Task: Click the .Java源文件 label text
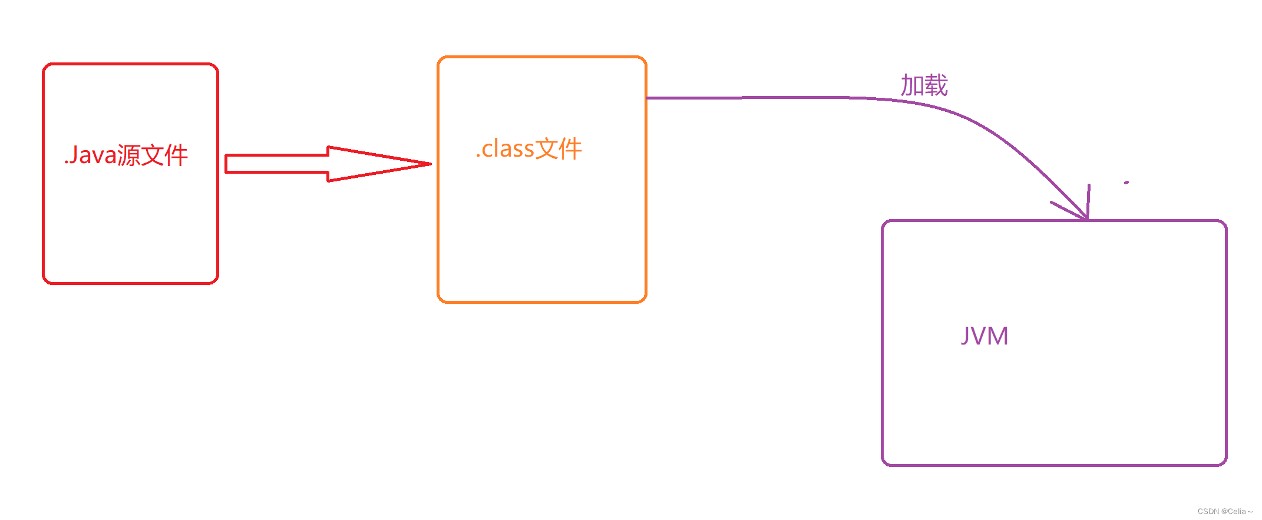tap(126, 155)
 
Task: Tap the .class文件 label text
tap(529, 149)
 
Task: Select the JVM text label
tap(985, 336)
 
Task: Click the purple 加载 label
tap(924, 86)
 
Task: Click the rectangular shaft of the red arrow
tap(277, 164)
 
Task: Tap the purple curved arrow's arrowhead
tap(1085, 217)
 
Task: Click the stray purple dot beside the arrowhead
tap(1126, 183)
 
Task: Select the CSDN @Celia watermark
tap(1225, 511)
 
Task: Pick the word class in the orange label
tap(508, 149)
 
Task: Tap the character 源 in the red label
tap(128, 155)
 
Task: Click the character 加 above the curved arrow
tap(912, 86)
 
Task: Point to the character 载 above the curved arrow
tap(936, 86)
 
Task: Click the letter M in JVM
tap(997, 336)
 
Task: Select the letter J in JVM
tap(966, 336)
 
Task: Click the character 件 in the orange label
tap(570, 149)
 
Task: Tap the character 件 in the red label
tap(176, 155)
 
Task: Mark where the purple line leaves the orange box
tap(647, 98)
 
